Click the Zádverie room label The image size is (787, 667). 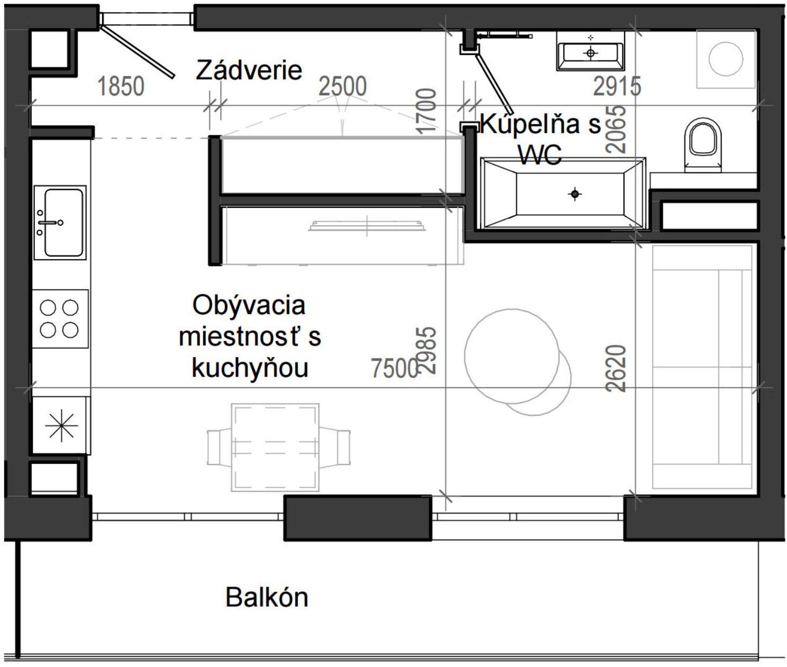[249, 70]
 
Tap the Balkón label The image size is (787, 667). [267, 597]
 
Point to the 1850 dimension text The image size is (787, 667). [121, 86]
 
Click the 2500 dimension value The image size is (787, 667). [342, 86]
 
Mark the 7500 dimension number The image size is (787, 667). [394, 368]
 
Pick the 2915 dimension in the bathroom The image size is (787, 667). [617, 86]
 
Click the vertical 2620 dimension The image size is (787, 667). [616, 368]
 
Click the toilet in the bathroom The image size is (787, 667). [703, 144]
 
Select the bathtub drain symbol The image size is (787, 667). [575, 194]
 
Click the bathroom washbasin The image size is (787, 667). [590, 52]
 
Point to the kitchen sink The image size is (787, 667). [60, 222]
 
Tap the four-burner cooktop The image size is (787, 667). [60, 318]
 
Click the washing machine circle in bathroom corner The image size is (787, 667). [726, 59]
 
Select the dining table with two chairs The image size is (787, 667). [276, 447]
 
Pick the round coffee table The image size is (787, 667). [512, 356]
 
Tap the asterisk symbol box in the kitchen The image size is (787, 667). [61, 425]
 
